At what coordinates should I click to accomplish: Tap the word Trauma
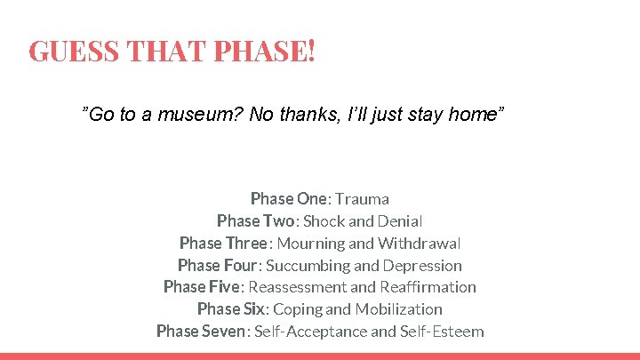pyautogui.click(x=363, y=198)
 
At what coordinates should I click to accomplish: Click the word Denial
pyautogui.click(x=399, y=220)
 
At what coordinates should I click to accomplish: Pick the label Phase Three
pyautogui.click(x=222, y=243)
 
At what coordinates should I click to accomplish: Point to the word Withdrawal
pyautogui.click(x=420, y=243)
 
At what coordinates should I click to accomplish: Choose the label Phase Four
pyautogui.click(x=218, y=265)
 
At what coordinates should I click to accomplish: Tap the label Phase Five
pyautogui.click(x=202, y=287)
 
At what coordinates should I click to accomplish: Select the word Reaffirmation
pyautogui.click(x=428, y=287)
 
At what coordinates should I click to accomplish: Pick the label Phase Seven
pyautogui.click(x=203, y=332)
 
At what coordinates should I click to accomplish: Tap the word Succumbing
pyautogui.click(x=302, y=265)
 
